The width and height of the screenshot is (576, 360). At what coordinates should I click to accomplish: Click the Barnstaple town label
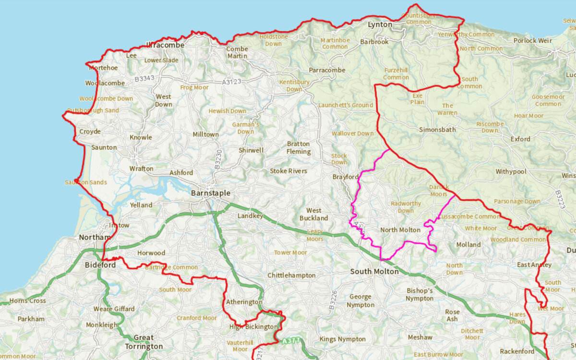click(210, 193)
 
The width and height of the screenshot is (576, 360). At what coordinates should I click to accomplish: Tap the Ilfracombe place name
click(165, 45)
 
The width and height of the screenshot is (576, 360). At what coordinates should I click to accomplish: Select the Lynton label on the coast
click(380, 24)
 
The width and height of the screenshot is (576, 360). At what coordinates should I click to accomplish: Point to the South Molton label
click(374, 272)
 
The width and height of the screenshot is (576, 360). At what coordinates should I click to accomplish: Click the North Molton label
click(400, 230)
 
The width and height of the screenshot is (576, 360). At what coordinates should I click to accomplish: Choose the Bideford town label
click(100, 265)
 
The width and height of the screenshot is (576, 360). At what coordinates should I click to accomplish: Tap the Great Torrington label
click(144, 342)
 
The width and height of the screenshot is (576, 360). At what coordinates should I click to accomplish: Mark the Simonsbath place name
click(437, 130)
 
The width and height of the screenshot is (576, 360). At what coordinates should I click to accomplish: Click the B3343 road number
click(144, 78)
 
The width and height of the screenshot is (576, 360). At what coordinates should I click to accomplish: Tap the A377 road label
click(288, 341)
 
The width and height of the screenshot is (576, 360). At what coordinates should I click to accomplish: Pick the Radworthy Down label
click(406, 207)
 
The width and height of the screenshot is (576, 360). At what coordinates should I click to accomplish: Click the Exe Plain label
click(417, 99)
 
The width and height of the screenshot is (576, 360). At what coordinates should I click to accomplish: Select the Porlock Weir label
click(532, 41)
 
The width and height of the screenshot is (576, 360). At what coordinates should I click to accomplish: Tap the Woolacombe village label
click(105, 83)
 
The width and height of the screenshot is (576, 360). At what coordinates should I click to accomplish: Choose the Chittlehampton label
click(291, 276)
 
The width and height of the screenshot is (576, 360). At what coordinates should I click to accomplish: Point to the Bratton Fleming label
click(299, 148)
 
